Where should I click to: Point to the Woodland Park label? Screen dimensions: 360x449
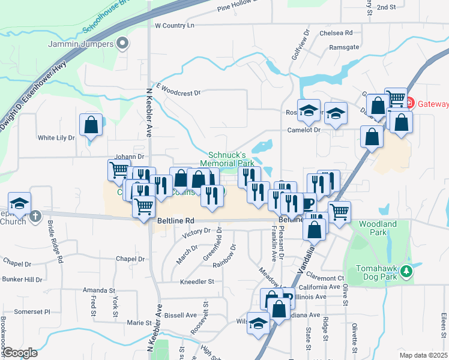[x=378, y=227]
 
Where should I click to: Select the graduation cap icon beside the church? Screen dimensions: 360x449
[x=19, y=203]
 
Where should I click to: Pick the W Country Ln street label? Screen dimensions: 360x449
[x=175, y=26]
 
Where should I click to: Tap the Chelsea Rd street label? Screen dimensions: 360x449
[x=336, y=33]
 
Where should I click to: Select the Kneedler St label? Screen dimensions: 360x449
[x=197, y=281]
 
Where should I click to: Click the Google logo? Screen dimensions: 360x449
[x=20, y=353]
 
